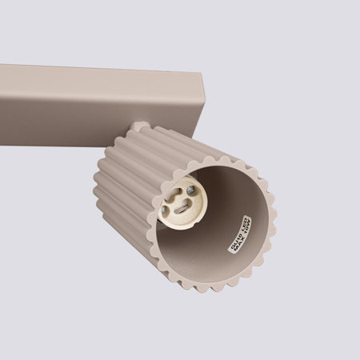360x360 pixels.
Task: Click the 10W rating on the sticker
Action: tap(250, 226)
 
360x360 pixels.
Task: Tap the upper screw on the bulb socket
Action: tap(190, 190)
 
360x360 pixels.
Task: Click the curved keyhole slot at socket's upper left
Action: tap(174, 194)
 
